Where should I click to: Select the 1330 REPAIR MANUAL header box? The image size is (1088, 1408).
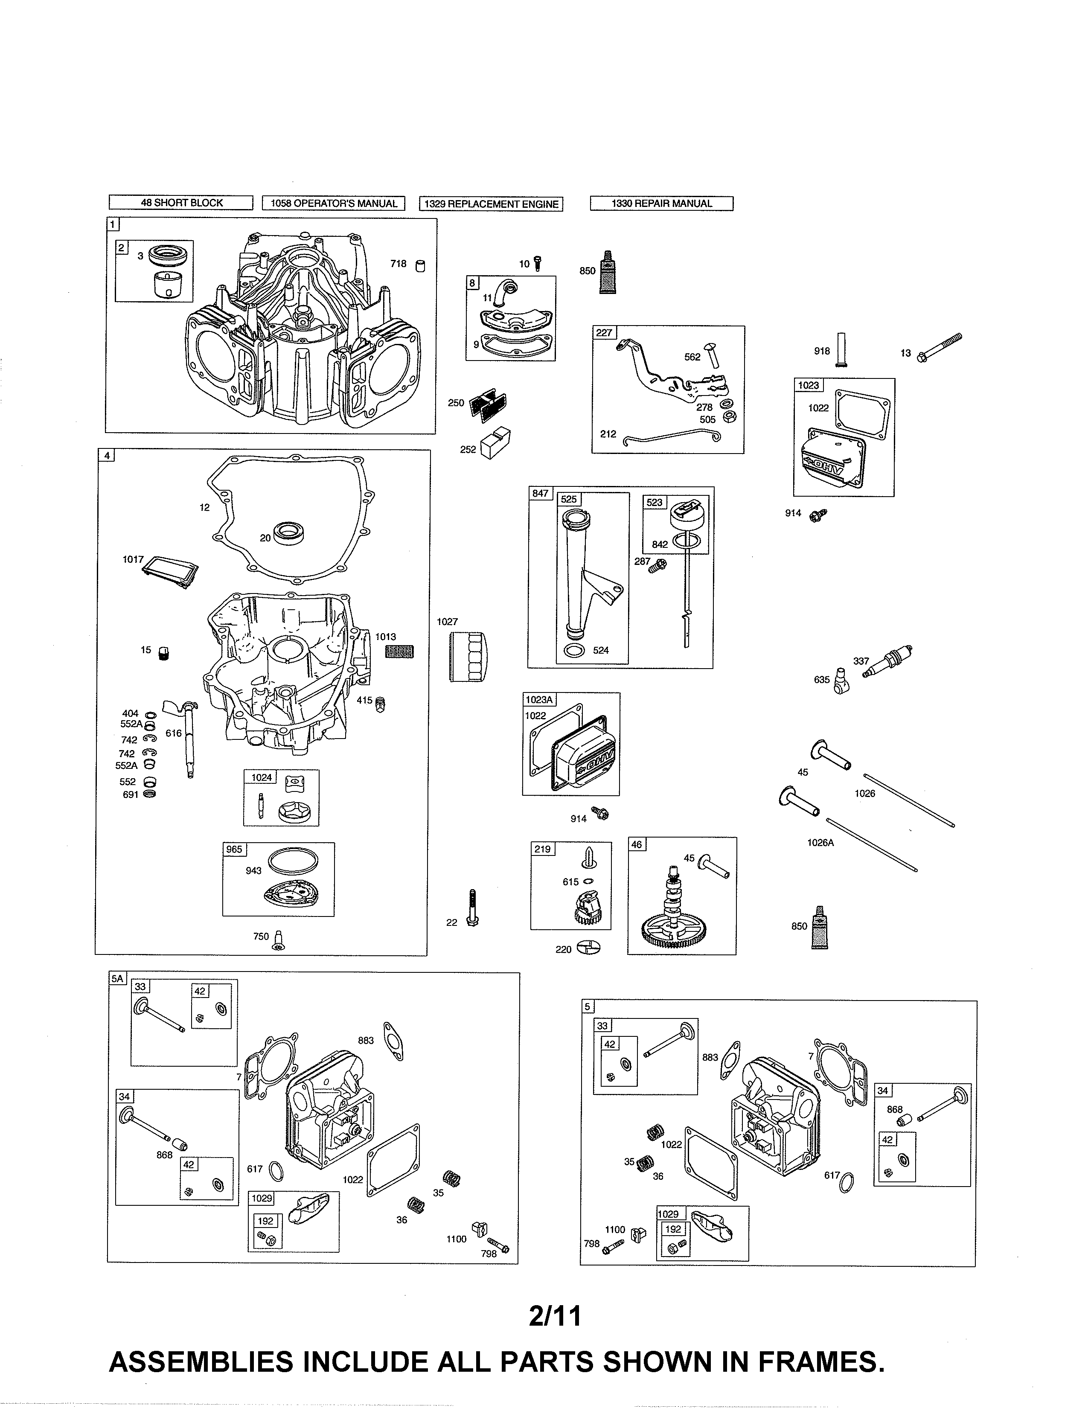click(x=661, y=204)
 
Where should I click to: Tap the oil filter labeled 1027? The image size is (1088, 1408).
click(x=468, y=656)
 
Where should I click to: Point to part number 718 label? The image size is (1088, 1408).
click(x=399, y=264)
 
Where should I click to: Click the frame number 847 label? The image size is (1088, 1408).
click(x=540, y=493)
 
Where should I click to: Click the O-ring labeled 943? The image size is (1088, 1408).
click(x=293, y=860)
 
